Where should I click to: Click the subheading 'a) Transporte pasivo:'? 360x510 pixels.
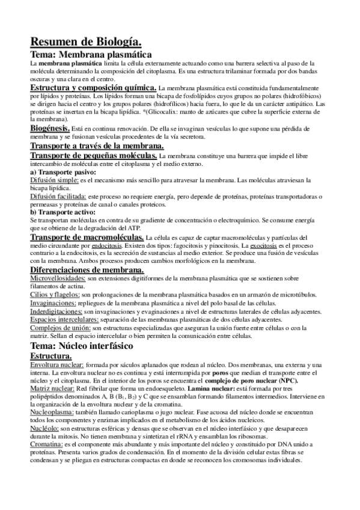pos(63,172)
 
